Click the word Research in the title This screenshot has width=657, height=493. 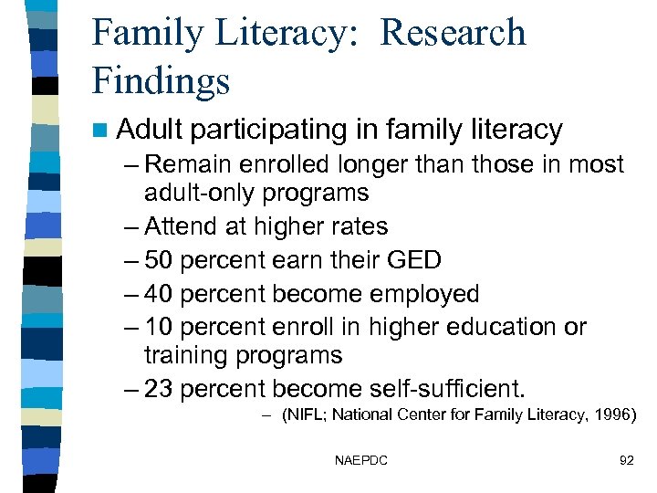pos(453,33)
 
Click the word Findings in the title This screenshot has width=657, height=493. pos(162,80)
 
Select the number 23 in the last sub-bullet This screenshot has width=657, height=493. pos(160,389)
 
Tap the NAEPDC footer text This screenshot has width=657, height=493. pos(361,460)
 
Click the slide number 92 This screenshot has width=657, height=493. pos(626,460)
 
